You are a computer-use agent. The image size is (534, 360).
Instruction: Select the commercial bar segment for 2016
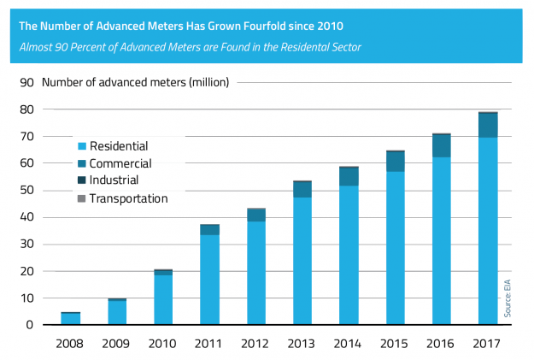(x=441, y=146)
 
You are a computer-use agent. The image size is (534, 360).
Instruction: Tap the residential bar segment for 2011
(x=210, y=280)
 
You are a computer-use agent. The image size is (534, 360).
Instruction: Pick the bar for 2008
(x=71, y=319)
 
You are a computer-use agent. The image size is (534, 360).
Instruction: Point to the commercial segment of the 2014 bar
(x=349, y=177)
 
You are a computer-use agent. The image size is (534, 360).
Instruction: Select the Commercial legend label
(x=120, y=163)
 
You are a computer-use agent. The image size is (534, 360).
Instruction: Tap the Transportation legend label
(x=129, y=198)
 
